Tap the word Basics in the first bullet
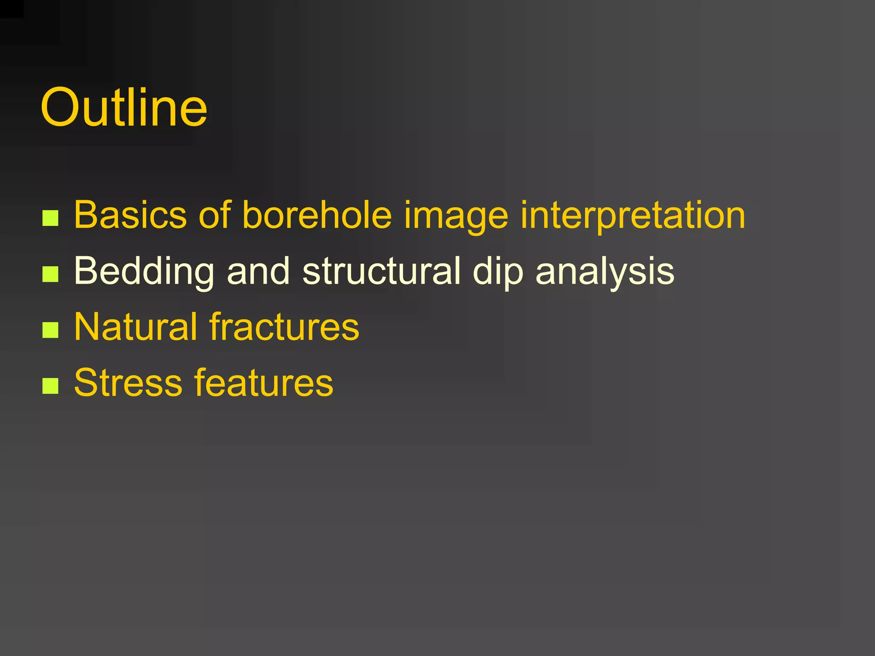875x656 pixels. (130, 215)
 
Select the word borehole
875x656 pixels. (317, 215)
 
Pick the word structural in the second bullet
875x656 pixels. (382, 271)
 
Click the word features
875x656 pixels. (264, 383)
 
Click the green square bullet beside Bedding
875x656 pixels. (50, 274)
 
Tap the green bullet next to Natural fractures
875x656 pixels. (50, 330)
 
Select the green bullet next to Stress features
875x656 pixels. (50, 386)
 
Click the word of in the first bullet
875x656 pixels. (215, 215)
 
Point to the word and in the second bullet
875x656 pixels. (258, 271)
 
